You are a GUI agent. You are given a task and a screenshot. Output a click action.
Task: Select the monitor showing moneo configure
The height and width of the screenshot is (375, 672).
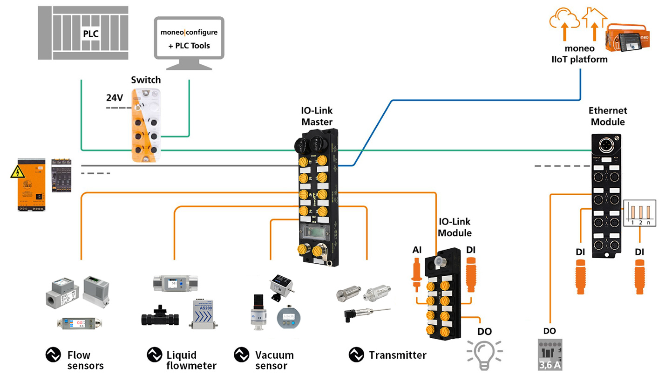click(x=189, y=39)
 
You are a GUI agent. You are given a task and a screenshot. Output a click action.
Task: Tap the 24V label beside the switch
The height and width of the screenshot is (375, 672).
click(x=114, y=98)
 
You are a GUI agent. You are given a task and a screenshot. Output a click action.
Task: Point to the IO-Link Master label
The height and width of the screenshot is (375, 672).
click(x=317, y=116)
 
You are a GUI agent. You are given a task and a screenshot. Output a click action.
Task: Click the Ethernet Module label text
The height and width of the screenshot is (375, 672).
click(x=608, y=116)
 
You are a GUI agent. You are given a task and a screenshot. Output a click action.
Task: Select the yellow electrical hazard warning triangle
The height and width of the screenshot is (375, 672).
click(x=17, y=172)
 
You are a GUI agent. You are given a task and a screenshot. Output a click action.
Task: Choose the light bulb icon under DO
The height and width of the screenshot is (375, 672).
click(x=485, y=353)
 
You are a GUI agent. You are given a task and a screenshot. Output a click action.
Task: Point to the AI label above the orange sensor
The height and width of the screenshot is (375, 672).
click(x=417, y=250)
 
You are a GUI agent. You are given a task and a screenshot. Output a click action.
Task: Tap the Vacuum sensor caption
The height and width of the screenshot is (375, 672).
click(x=274, y=360)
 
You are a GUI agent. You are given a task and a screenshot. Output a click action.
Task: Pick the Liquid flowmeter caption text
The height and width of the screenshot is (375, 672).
click(x=191, y=360)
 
